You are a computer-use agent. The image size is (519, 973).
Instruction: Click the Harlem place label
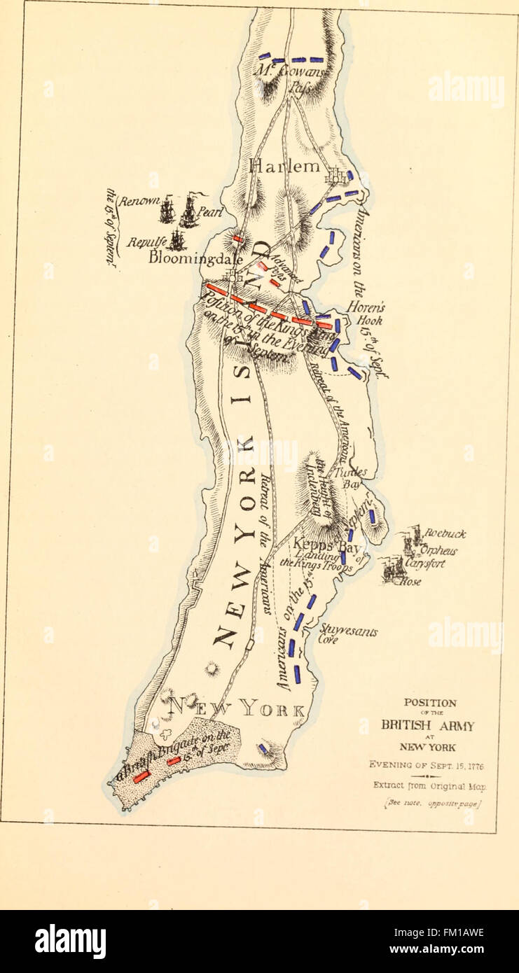[x=284, y=167]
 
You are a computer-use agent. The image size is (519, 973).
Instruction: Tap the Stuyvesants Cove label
[x=348, y=633]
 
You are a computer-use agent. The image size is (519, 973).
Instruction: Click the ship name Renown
[x=139, y=202]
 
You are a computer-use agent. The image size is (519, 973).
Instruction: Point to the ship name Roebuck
[x=444, y=534]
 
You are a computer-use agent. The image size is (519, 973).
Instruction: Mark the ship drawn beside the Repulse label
[x=176, y=240]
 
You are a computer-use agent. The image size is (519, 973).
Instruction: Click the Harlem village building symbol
[x=336, y=176]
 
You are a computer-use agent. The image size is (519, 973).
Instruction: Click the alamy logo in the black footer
[x=70, y=941]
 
